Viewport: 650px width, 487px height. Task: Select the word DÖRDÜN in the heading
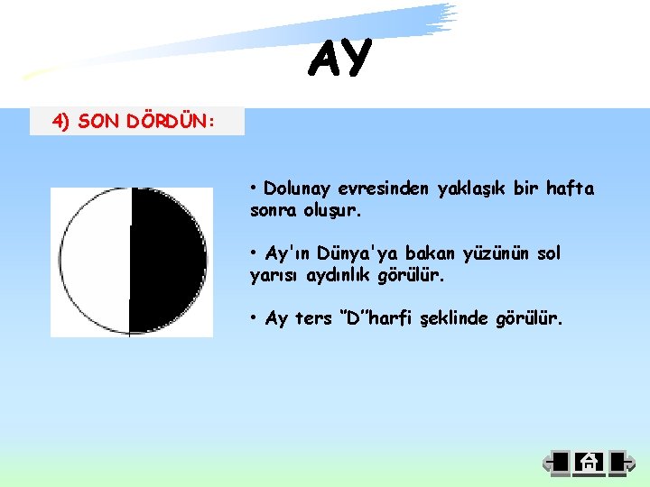coord(167,122)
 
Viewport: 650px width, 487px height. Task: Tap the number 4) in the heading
coord(60,122)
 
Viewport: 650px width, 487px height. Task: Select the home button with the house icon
coord(588,463)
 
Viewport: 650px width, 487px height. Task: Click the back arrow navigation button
coord(555,463)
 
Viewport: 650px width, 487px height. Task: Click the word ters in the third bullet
coord(313,318)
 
